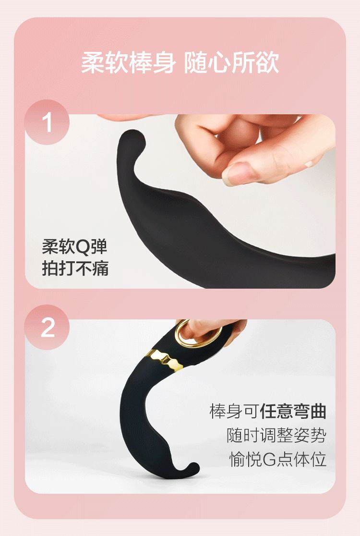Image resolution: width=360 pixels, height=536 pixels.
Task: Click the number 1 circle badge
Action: pos(47,122)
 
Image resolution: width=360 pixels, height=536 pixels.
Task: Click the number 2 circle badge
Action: pos(47,327)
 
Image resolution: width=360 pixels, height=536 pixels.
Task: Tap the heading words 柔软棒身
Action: pos(129,63)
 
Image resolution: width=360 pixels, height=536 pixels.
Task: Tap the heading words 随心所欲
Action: pos(232,63)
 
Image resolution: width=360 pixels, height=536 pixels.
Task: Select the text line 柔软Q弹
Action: pos(74,246)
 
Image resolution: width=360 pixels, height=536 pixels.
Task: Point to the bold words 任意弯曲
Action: pos(293,411)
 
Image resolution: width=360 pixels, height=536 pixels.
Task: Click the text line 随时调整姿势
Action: pos(276,435)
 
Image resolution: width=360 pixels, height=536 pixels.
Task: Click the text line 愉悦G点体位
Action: pos(278,459)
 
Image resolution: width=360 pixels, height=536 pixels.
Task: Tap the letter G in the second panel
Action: pos(269,460)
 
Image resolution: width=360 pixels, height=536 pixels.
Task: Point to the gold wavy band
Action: pos(165,360)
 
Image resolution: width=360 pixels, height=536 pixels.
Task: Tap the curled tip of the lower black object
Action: pos(192,469)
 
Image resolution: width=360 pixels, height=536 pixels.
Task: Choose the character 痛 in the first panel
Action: pos(100,268)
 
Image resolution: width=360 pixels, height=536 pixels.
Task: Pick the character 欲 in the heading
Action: pos(268,63)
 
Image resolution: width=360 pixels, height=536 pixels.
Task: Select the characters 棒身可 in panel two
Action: pos(234,411)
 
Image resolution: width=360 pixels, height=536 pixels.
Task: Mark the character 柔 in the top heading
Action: pos(92,63)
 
